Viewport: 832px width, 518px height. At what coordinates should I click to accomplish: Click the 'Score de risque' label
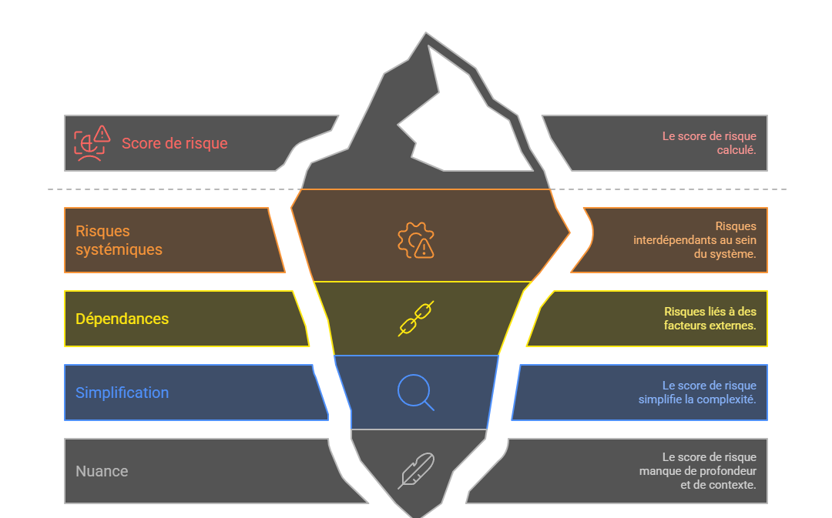click(x=174, y=143)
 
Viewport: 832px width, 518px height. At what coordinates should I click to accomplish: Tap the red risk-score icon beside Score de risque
click(x=92, y=142)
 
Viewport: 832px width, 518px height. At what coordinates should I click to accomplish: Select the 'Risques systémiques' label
click(x=119, y=240)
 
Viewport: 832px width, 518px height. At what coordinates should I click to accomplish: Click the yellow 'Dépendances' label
click(x=122, y=319)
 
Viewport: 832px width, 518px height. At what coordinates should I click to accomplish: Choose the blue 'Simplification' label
click(x=122, y=393)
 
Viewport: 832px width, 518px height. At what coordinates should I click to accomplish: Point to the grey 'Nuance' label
click(x=102, y=471)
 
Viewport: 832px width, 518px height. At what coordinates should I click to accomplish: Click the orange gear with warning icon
click(x=416, y=240)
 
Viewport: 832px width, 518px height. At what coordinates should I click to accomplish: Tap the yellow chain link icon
click(x=416, y=319)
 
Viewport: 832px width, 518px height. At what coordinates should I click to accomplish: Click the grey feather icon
click(x=416, y=471)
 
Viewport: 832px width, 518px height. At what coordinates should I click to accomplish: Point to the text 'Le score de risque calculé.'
click(x=709, y=143)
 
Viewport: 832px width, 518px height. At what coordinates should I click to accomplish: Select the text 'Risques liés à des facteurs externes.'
click(x=710, y=319)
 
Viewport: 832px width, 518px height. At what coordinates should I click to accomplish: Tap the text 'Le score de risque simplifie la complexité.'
click(x=697, y=393)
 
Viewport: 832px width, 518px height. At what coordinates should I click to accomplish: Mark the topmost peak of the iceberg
click(x=425, y=35)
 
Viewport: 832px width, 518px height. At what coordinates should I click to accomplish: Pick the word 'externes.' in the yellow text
click(x=733, y=326)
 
